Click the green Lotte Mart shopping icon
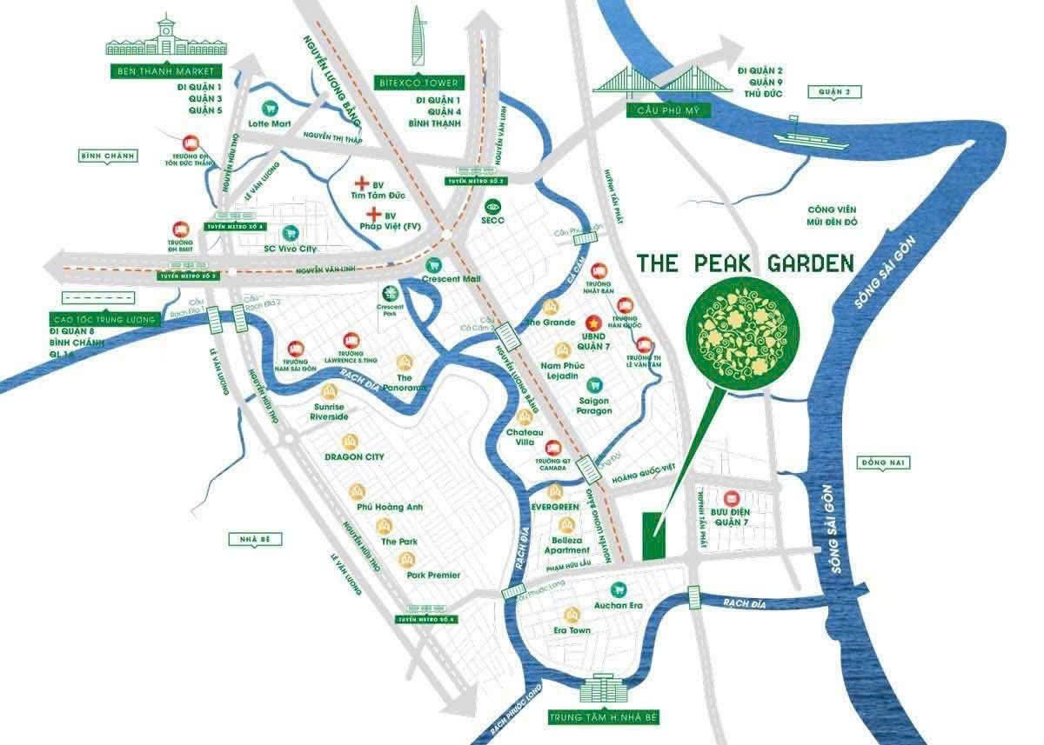[270, 108]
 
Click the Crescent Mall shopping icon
[428, 265]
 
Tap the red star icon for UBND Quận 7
[594, 320]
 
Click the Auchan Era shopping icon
[618, 588]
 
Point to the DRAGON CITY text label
[354, 456]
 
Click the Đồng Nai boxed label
[883, 462]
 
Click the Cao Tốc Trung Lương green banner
[103, 320]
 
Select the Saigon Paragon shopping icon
[595, 383]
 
